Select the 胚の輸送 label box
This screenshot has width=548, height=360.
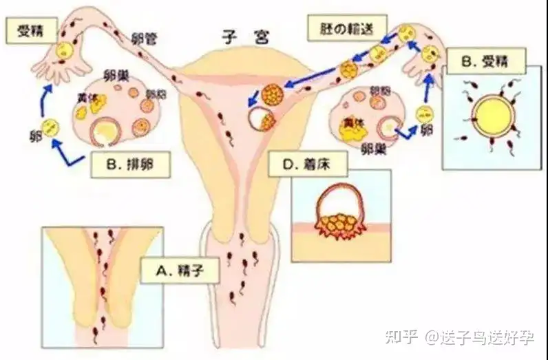pyautogui.click(x=346, y=29)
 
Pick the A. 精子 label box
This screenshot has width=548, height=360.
pyautogui.click(x=180, y=270)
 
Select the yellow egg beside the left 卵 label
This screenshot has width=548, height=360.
pyautogui.click(x=51, y=127)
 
